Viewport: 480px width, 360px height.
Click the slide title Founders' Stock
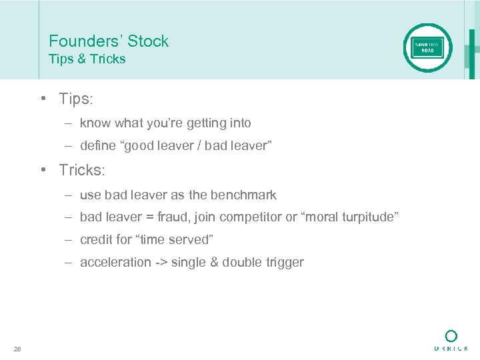109,41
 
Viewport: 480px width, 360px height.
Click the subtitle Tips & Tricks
87,59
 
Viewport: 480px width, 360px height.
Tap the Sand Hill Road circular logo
427,48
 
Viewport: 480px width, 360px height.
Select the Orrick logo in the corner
451,340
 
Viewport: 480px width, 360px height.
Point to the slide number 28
17,348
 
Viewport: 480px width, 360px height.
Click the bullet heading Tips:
76,99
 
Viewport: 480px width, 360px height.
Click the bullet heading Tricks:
82,170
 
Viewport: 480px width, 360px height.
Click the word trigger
283,263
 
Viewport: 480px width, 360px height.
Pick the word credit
95,240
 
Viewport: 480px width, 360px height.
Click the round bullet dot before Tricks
42,170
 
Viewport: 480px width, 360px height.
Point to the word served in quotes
189,240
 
